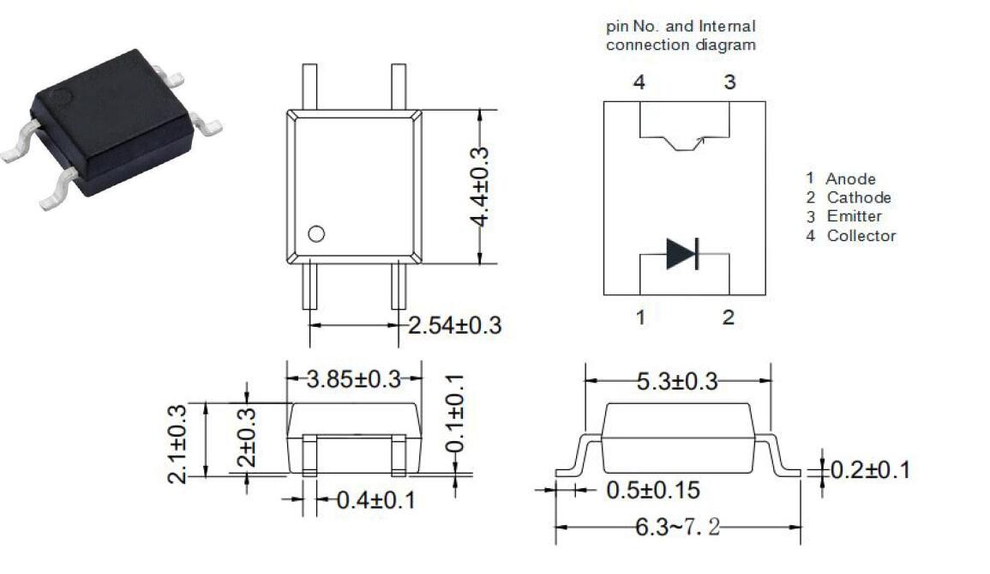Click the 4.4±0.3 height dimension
point(480,186)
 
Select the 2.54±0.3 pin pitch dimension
point(454,325)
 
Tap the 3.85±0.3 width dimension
point(353,379)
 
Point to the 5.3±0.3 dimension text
point(677,381)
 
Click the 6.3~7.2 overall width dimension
point(677,527)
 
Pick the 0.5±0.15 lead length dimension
point(653,490)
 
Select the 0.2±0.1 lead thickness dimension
point(870,470)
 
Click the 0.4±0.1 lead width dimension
point(376,500)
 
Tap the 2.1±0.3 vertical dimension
point(177,444)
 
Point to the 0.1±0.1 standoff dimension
point(455,414)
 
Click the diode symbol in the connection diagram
point(682,253)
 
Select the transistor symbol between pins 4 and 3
point(684,143)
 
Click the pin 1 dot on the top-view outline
point(316,234)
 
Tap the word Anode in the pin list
point(850,179)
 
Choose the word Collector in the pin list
point(861,236)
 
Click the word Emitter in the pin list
point(855,216)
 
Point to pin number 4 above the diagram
point(639,82)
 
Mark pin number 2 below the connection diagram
point(728,317)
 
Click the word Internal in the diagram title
point(727,27)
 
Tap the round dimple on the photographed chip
point(61,98)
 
